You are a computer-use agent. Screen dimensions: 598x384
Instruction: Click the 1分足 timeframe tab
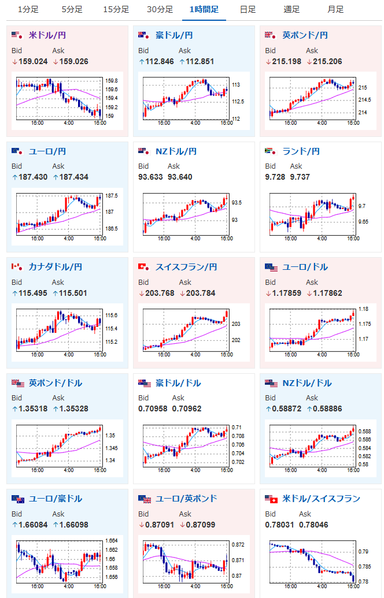[28, 9]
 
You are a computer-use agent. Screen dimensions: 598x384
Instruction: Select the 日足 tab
[248, 9]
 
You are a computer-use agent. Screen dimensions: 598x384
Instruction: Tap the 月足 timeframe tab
[335, 9]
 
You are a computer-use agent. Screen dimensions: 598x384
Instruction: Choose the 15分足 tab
[116, 9]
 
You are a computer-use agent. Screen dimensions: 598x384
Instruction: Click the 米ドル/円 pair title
[47, 35]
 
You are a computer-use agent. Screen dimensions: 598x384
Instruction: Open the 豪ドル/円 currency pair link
[174, 35]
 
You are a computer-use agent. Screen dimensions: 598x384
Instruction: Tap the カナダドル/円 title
[55, 267]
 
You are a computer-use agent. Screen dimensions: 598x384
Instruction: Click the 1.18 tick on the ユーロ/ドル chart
[363, 310]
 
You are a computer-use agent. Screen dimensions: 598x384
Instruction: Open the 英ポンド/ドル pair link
[55, 382]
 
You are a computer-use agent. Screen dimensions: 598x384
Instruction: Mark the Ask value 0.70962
[186, 408]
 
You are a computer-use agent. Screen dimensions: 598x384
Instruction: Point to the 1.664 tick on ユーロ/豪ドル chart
[112, 541]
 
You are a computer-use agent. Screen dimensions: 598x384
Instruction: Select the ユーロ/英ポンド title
[186, 499]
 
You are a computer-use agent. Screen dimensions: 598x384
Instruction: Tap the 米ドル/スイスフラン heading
[321, 499]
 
